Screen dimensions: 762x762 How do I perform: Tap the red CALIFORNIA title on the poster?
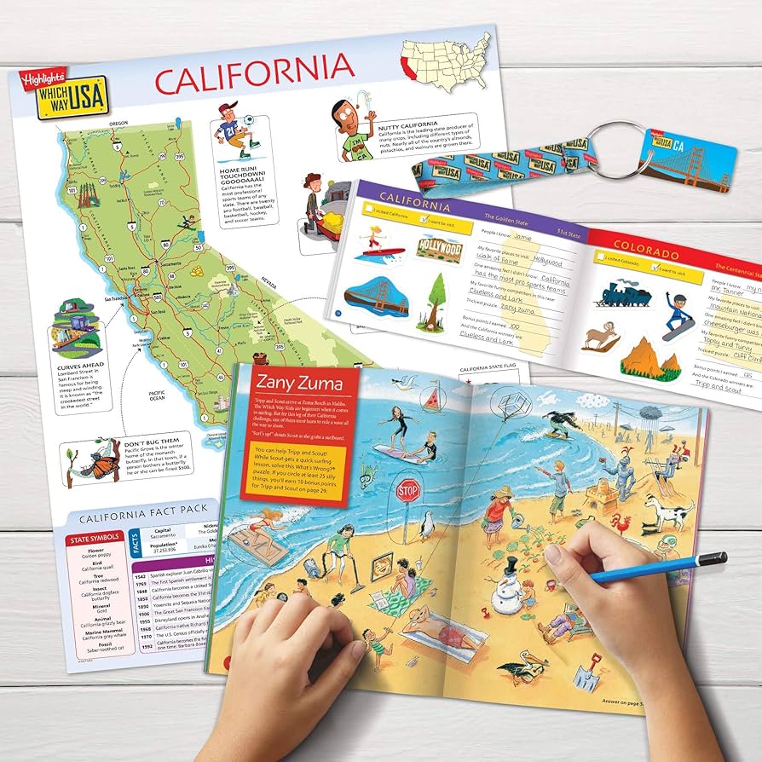(x=253, y=77)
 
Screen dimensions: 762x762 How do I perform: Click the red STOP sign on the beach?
(x=408, y=490)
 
